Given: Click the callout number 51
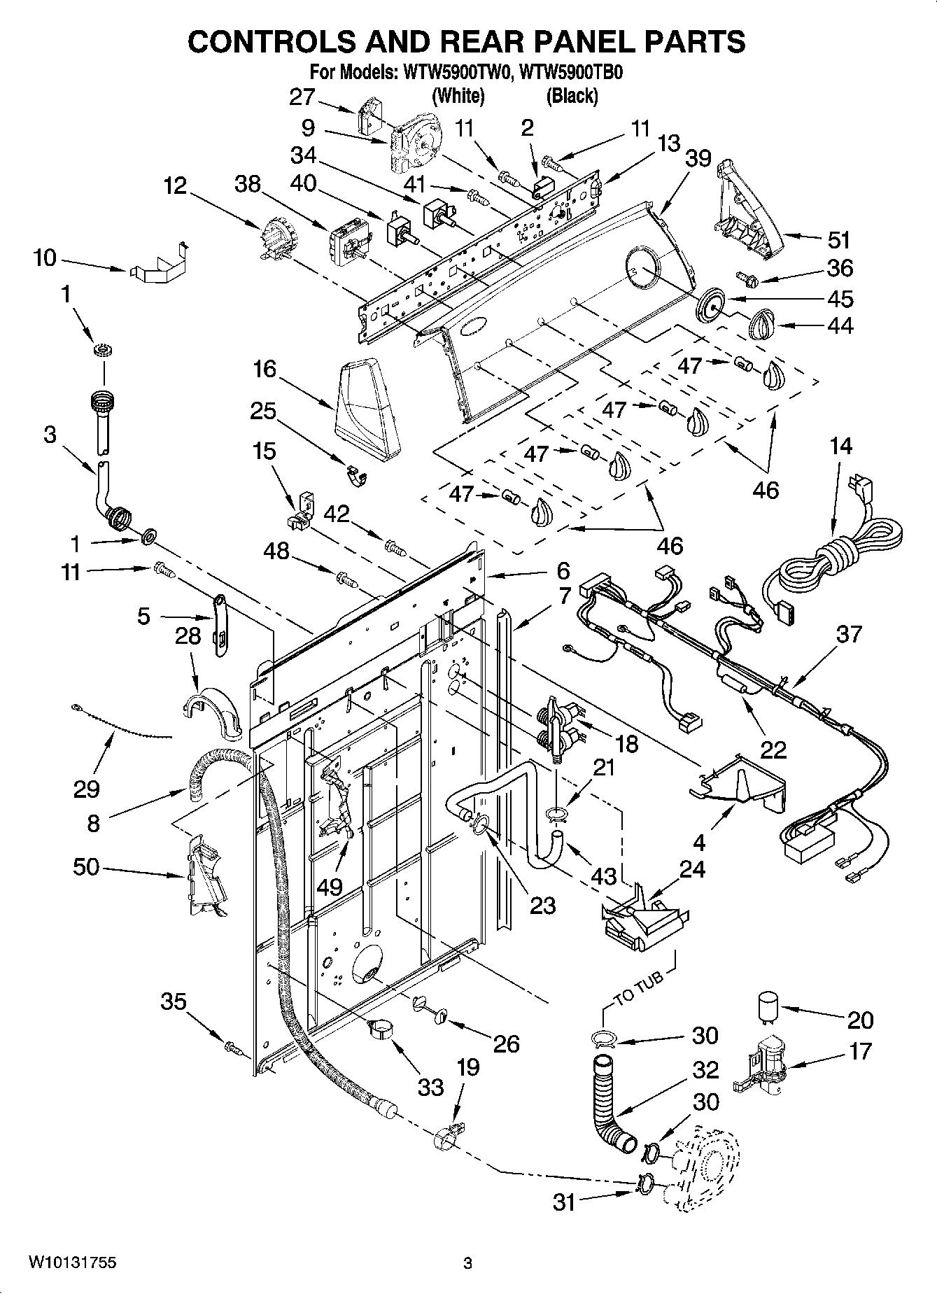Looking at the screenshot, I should coord(838,240).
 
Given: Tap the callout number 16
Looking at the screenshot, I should coord(265,369).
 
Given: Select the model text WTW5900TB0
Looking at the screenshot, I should coord(572,73).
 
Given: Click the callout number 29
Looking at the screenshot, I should coord(86,789).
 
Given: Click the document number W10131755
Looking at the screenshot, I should coord(72,1263).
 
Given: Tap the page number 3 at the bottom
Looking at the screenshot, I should coord(468,1263).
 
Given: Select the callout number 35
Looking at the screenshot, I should coord(174,1001).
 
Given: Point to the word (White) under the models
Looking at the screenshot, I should coord(458,96).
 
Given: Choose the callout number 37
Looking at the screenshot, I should coord(849,634).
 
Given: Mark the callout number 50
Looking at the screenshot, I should coord(86,867).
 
